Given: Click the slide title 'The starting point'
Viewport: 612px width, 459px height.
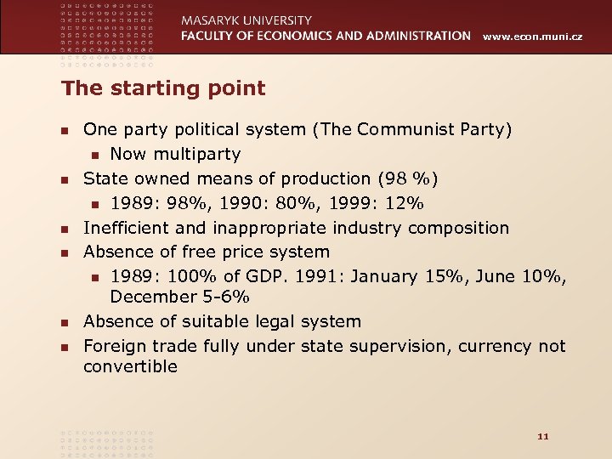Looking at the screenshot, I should pos(163,88).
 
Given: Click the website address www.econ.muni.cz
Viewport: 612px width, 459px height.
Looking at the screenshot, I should pos(533,37).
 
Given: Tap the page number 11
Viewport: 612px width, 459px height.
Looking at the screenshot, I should pos(544,436).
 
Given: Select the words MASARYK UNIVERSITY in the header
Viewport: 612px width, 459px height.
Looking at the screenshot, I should pos(246,20).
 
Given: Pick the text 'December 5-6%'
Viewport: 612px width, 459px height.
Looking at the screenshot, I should pos(179,297).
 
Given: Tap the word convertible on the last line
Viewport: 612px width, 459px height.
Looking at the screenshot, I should pos(130,367).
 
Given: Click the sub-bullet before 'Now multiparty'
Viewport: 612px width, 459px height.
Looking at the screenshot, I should pos(96,155).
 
